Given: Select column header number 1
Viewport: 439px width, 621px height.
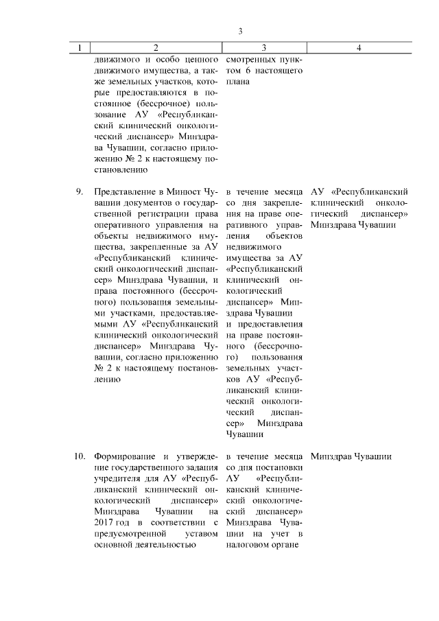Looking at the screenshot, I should (80, 47).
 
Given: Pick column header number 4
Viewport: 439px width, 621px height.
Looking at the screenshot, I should (359, 47).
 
